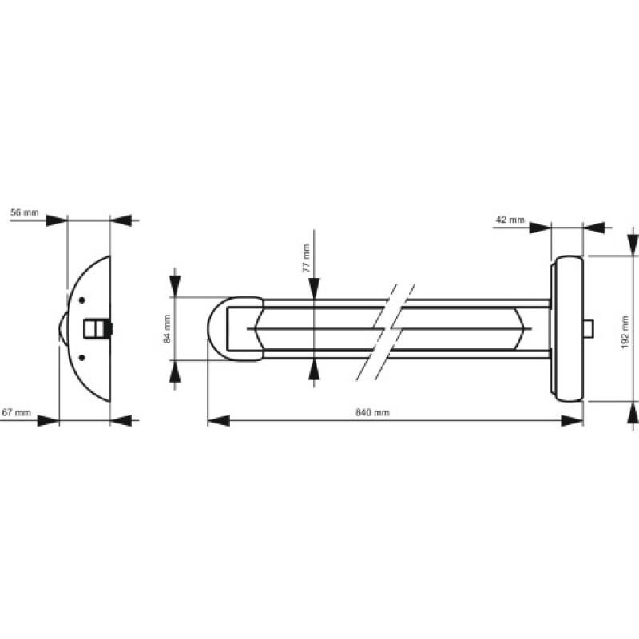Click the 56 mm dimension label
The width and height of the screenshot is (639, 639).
(x=23, y=213)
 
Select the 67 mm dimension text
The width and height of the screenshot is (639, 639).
(x=17, y=412)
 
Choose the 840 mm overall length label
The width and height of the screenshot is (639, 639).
(x=371, y=412)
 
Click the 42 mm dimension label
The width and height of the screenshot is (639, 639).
(x=510, y=219)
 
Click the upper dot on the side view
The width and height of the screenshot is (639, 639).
(x=81, y=300)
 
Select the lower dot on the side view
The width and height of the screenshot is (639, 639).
(x=81, y=356)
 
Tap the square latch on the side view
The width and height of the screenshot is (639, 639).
(x=94, y=328)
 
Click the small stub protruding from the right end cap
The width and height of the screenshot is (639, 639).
(x=589, y=327)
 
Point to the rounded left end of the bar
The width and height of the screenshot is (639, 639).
(x=218, y=327)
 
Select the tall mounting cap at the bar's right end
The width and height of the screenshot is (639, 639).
(x=567, y=327)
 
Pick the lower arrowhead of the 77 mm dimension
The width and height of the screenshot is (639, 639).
(x=315, y=368)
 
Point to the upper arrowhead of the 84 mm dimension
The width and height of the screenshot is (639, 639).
(x=176, y=285)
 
